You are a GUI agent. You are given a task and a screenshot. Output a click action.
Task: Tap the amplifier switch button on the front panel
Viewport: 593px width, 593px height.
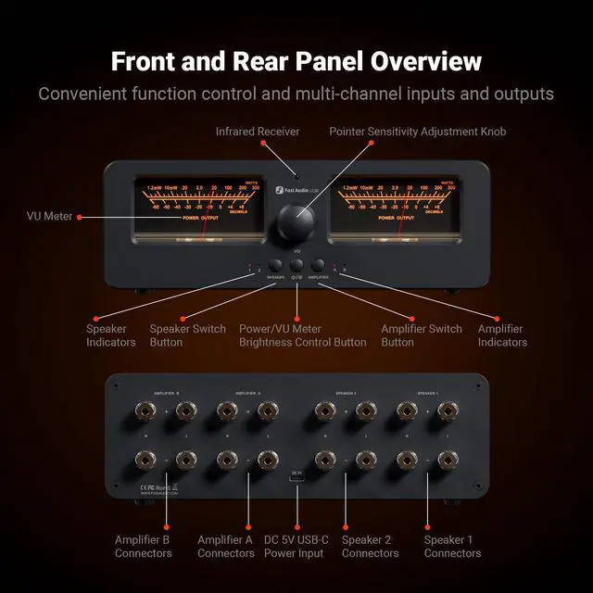tap(320, 265)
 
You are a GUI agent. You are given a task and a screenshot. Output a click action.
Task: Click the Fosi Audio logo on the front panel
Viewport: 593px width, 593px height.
tap(292, 189)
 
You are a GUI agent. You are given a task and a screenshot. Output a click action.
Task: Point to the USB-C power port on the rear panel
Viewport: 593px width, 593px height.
tap(297, 480)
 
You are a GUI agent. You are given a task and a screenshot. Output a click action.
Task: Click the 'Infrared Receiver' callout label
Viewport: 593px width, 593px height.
tap(258, 132)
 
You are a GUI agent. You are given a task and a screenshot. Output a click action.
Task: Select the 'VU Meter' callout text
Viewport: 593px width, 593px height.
tap(49, 217)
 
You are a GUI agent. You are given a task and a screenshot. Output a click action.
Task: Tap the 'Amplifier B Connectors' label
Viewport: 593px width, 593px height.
tap(143, 547)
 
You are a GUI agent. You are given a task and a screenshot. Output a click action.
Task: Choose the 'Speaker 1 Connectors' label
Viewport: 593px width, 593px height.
tap(452, 547)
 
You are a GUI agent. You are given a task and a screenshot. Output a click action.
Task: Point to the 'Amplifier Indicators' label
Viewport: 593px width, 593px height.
tap(502, 335)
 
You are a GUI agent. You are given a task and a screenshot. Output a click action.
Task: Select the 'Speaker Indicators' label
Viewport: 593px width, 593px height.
tap(110, 335)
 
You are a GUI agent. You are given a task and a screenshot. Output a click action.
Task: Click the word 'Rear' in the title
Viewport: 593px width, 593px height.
tap(282, 62)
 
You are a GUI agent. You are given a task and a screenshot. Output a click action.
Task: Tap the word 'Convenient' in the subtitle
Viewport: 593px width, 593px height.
tap(84, 94)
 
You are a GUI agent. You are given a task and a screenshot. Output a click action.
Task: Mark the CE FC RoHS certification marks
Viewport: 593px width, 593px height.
tap(156, 485)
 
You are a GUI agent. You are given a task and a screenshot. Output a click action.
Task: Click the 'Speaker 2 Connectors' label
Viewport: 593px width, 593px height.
tap(370, 547)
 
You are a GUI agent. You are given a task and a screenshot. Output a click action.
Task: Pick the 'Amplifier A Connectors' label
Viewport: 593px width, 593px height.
tap(225, 547)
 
